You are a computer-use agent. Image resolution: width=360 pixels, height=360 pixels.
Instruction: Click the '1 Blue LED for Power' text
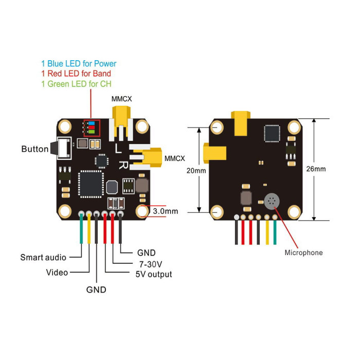[x=79, y=64]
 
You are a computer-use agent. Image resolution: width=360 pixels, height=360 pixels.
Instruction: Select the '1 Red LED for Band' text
[x=76, y=74]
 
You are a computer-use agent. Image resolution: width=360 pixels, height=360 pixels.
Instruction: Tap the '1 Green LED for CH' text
[x=76, y=84]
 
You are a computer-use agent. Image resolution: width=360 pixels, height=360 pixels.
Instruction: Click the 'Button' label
[x=35, y=149]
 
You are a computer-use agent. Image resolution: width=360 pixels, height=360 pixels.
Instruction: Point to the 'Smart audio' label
[x=43, y=257]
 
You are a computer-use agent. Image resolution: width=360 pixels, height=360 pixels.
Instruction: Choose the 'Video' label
[x=57, y=273]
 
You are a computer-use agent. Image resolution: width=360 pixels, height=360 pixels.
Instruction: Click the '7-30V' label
[x=151, y=264]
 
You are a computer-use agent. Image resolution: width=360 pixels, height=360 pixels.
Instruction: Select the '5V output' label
[x=154, y=274]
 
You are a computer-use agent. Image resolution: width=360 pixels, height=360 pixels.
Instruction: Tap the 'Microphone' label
[x=303, y=253]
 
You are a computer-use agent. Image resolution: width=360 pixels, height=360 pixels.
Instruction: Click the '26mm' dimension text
[x=316, y=169]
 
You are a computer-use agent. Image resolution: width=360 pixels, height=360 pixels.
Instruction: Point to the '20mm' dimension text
[x=196, y=171]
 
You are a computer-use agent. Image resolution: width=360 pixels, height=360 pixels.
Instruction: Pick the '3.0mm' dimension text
[x=165, y=211]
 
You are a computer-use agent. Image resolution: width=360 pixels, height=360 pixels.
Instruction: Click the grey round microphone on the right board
[x=272, y=201]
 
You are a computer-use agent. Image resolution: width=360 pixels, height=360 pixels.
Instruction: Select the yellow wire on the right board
[x=267, y=232]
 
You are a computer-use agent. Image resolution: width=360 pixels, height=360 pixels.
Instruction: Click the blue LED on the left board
[x=92, y=123]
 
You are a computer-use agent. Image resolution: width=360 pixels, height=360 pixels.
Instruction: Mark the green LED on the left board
[x=92, y=132]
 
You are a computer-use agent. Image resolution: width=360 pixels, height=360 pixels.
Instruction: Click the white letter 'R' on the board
[x=123, y=165]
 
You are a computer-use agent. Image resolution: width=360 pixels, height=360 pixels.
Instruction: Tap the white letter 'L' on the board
[x=118, y=148]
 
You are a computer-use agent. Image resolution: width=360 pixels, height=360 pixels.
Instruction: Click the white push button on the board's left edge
[x=64, y=148]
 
